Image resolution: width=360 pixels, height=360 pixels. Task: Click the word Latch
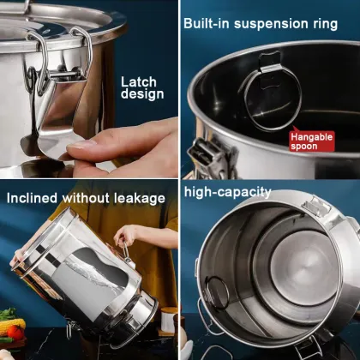(x=139, y=82)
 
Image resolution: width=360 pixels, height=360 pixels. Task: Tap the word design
(x=142, y=94)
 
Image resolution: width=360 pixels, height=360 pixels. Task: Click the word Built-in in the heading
(x=207, y=23)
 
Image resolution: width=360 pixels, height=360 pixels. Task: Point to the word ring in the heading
(x=326, y=24)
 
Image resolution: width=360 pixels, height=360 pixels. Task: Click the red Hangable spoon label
(x=311, y=141)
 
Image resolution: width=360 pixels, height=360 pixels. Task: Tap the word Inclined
(x=32, y=198)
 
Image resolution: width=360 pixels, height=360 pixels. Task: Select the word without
(x=86, y=198)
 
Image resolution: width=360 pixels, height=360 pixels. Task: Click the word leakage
(x=140, y=198)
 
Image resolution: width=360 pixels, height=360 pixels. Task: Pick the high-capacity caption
(x=227, y=192)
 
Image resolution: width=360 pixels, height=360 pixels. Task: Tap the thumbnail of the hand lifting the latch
(x=89, y=89)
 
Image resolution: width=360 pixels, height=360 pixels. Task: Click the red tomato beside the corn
(x=15, y=333)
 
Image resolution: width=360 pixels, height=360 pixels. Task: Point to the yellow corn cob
(x=13, y=327)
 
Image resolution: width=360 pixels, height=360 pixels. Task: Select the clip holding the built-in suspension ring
(x=270, y=69)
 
